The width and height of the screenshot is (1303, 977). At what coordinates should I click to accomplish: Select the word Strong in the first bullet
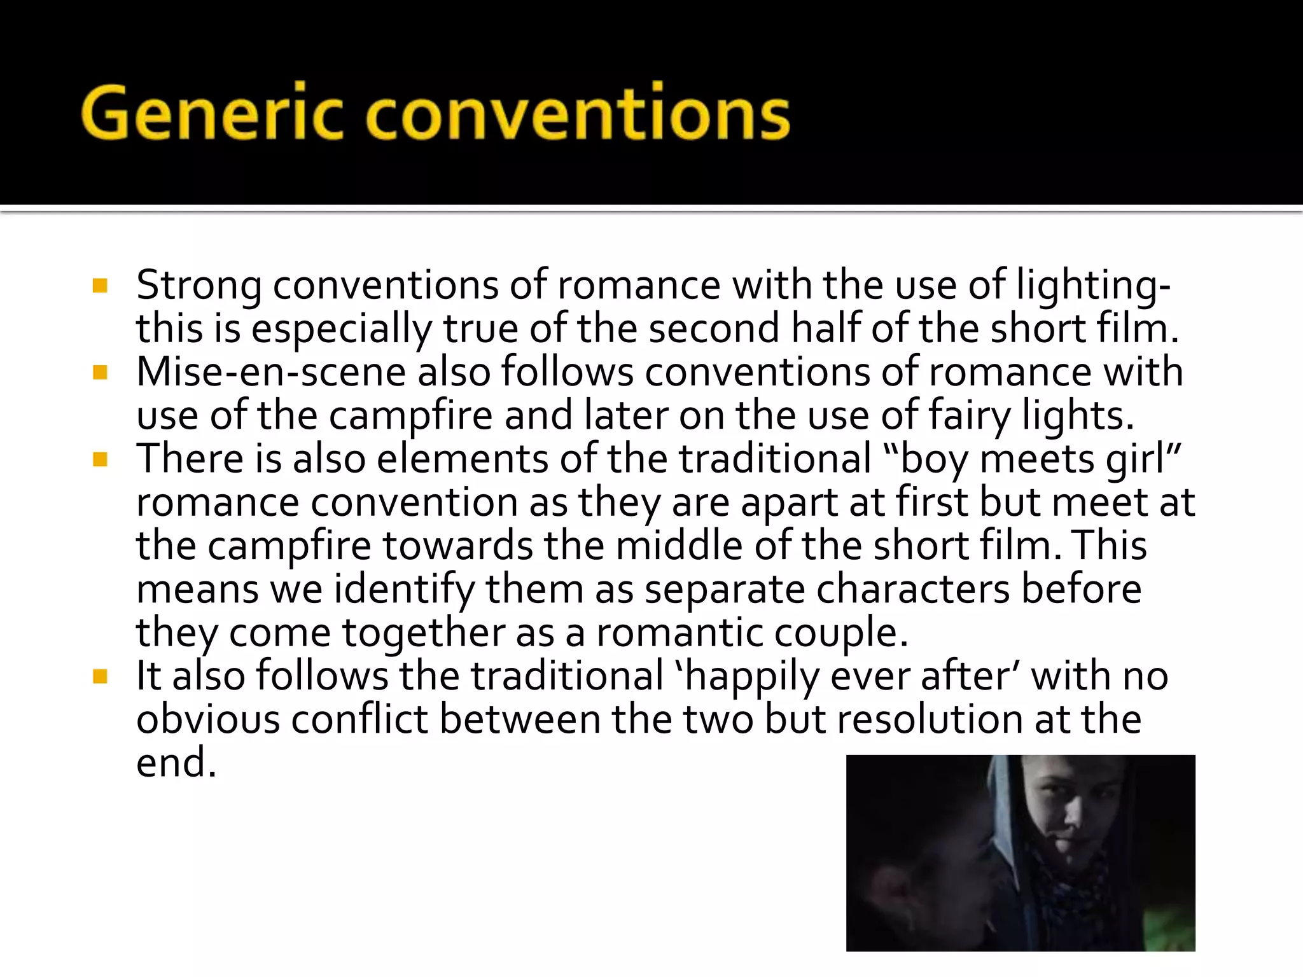pos(198,286)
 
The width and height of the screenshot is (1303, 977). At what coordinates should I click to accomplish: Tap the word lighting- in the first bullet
pos(1093,286)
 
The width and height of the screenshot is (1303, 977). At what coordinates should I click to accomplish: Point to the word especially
pos(342,329)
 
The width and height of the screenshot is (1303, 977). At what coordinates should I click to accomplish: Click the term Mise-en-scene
pos(270,372)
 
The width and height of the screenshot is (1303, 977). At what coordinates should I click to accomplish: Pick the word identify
pos(404,590)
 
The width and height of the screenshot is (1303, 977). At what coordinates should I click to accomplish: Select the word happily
pos(751,677)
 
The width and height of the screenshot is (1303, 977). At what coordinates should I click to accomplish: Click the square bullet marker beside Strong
pos(100,285)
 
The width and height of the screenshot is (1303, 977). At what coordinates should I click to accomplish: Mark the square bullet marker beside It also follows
pos(100,676)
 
